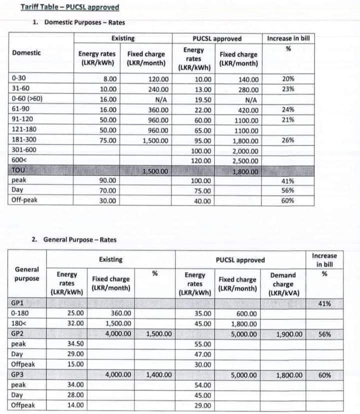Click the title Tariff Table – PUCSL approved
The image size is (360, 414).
click(69, 7)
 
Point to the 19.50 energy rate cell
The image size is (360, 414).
click(203, 99)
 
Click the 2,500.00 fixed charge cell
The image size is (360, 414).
click(245, 161)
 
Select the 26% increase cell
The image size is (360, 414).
click(287, 140)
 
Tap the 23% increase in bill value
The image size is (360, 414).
click(287, 89)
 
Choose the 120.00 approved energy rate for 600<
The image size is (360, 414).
click(203, 161)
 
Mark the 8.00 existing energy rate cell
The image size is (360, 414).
click(109, 79)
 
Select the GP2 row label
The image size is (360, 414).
click(17, 334)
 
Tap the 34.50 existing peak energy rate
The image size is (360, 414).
click(76, 344)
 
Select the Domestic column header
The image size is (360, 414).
click(26, 53)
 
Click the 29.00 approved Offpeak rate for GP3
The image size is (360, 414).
click(203, 405)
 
